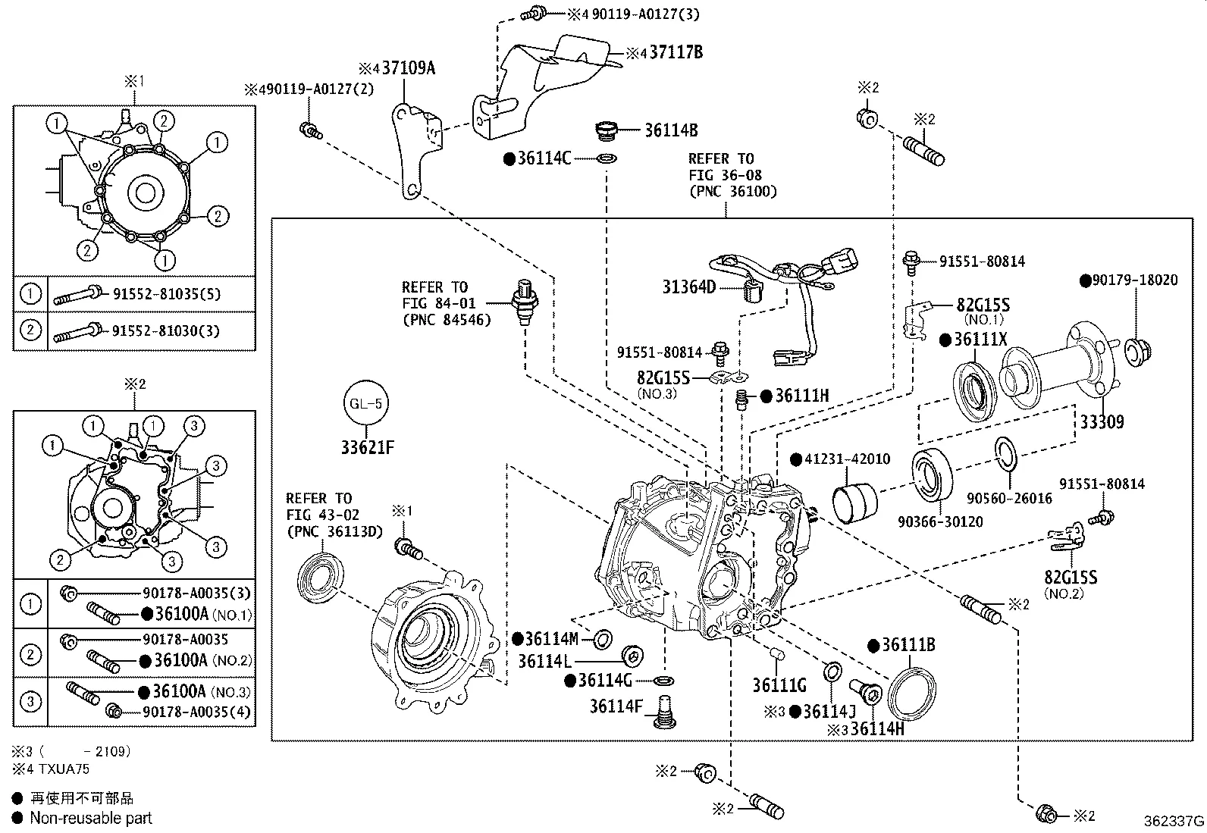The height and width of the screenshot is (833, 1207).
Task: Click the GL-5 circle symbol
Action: click(x=365, y=404)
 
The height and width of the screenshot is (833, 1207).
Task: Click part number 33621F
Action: click(x=367, y=448)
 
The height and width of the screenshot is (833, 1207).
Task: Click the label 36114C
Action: click(x=544, y=158)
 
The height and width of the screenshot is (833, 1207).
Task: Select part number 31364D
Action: click(x=688, y=287)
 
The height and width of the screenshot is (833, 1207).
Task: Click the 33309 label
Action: click(x=1102, y=422)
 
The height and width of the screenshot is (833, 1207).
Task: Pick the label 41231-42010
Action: click(x=847, y=459)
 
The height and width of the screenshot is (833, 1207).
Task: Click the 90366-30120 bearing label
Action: click(x=940, y=521)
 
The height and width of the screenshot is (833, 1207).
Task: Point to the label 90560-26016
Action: click(x=1009, y=498)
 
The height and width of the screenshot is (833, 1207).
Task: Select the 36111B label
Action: click(x=908, y=645)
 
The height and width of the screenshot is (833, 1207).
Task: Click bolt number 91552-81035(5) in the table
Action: click(x=166, y=294)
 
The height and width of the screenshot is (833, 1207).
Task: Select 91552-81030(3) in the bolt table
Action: click(x=166, y=330)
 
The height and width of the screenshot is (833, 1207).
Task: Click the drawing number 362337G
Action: click(x=1174, y=821)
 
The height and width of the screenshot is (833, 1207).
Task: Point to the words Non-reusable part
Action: click(x=91, y=818)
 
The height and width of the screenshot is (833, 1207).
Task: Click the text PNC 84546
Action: click(x=447, y=319)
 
